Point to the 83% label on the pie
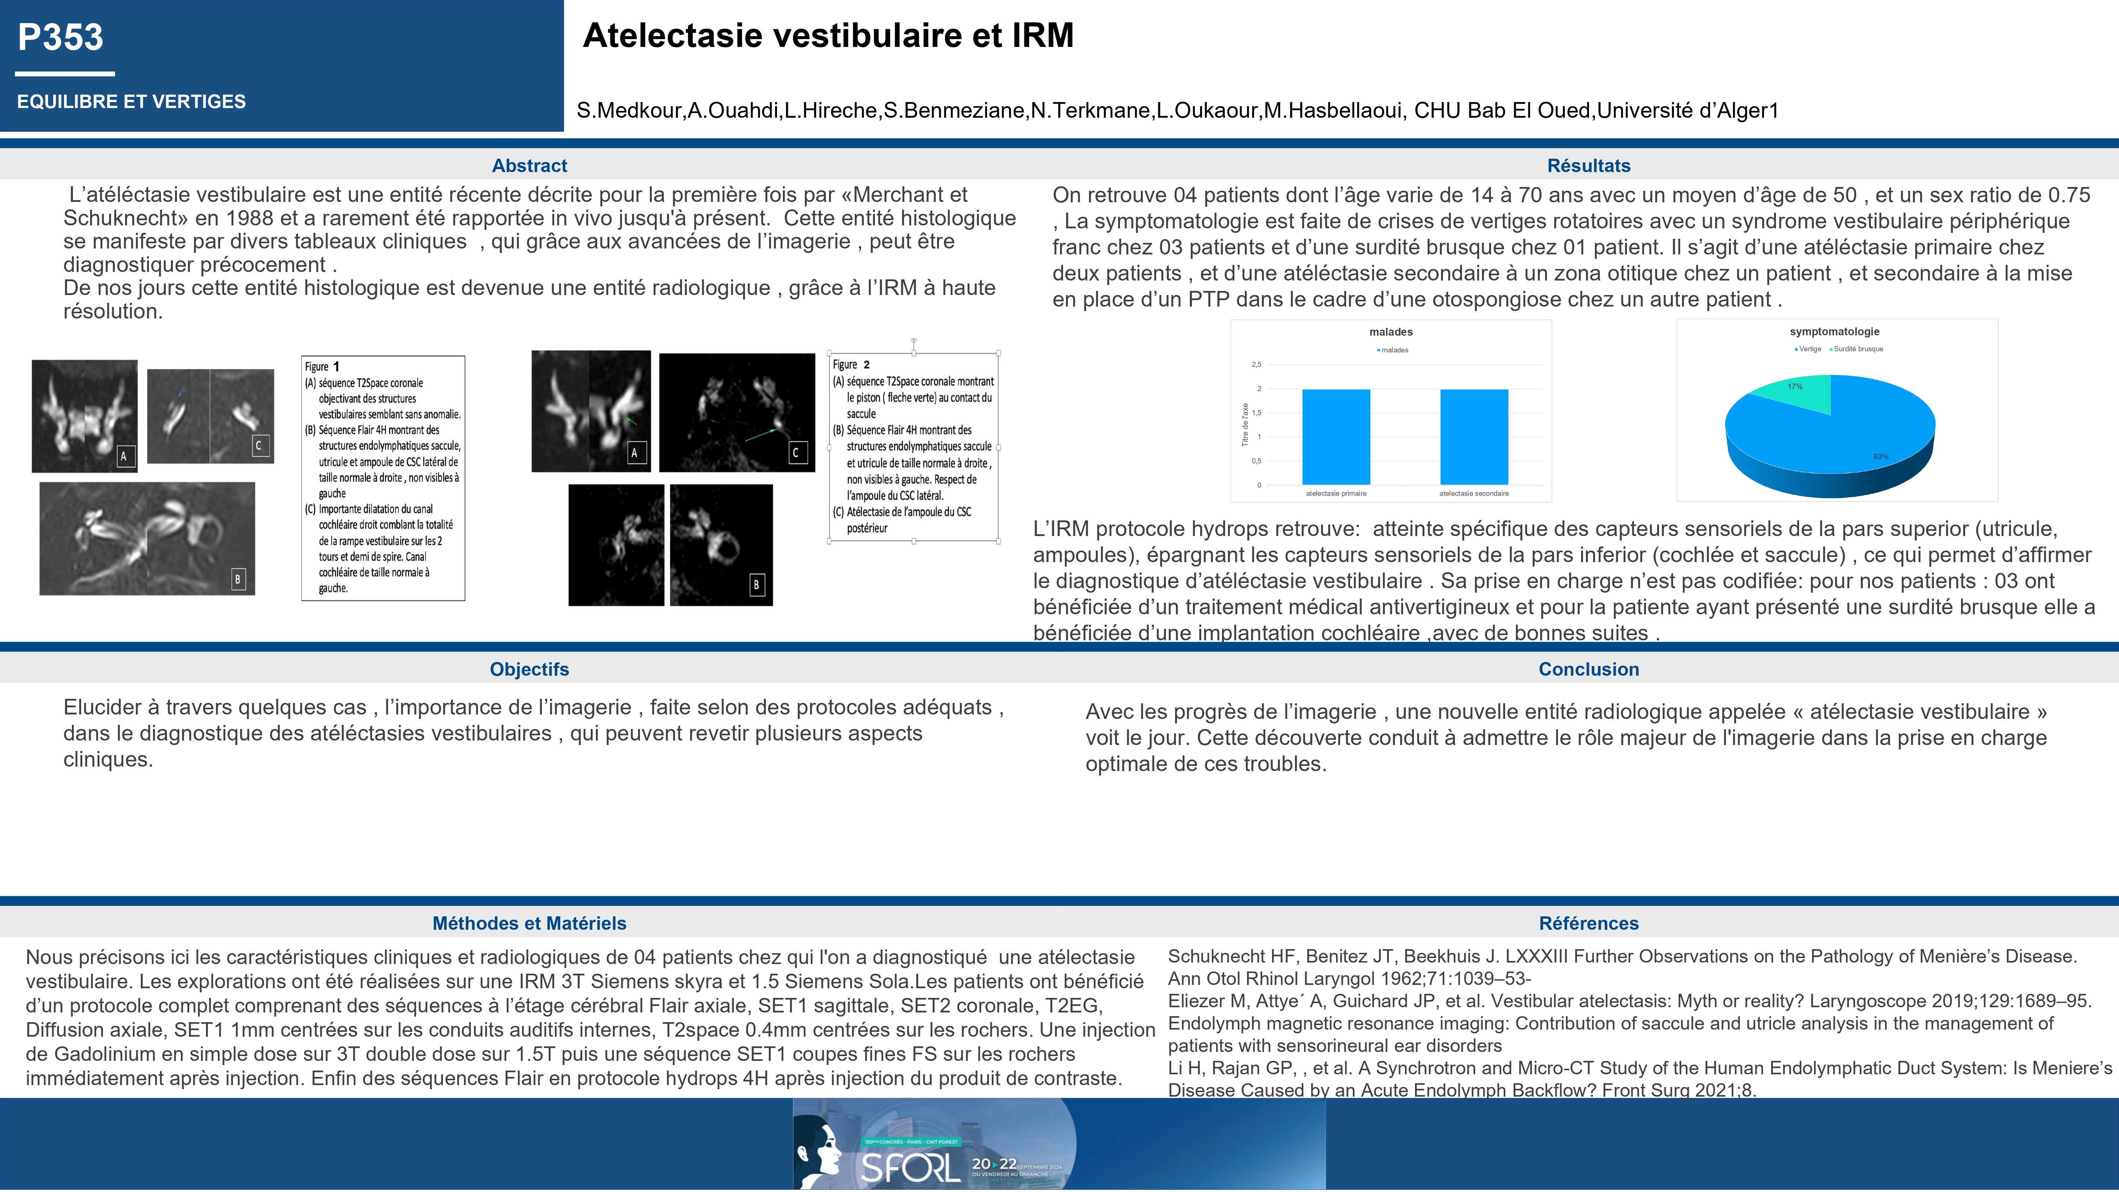tap(1881, 457)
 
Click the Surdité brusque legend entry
tap(1858, 349)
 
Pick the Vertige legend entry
tap(1809, 349)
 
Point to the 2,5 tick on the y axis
tap(1256, 364)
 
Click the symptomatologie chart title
tap(1834, 332)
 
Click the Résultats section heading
tap(1589, 165)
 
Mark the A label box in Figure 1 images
tap(124, 456)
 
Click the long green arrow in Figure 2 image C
tap(761, 434)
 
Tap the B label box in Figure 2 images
tap(756, 585)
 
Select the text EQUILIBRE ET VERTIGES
tap(131, 102)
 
